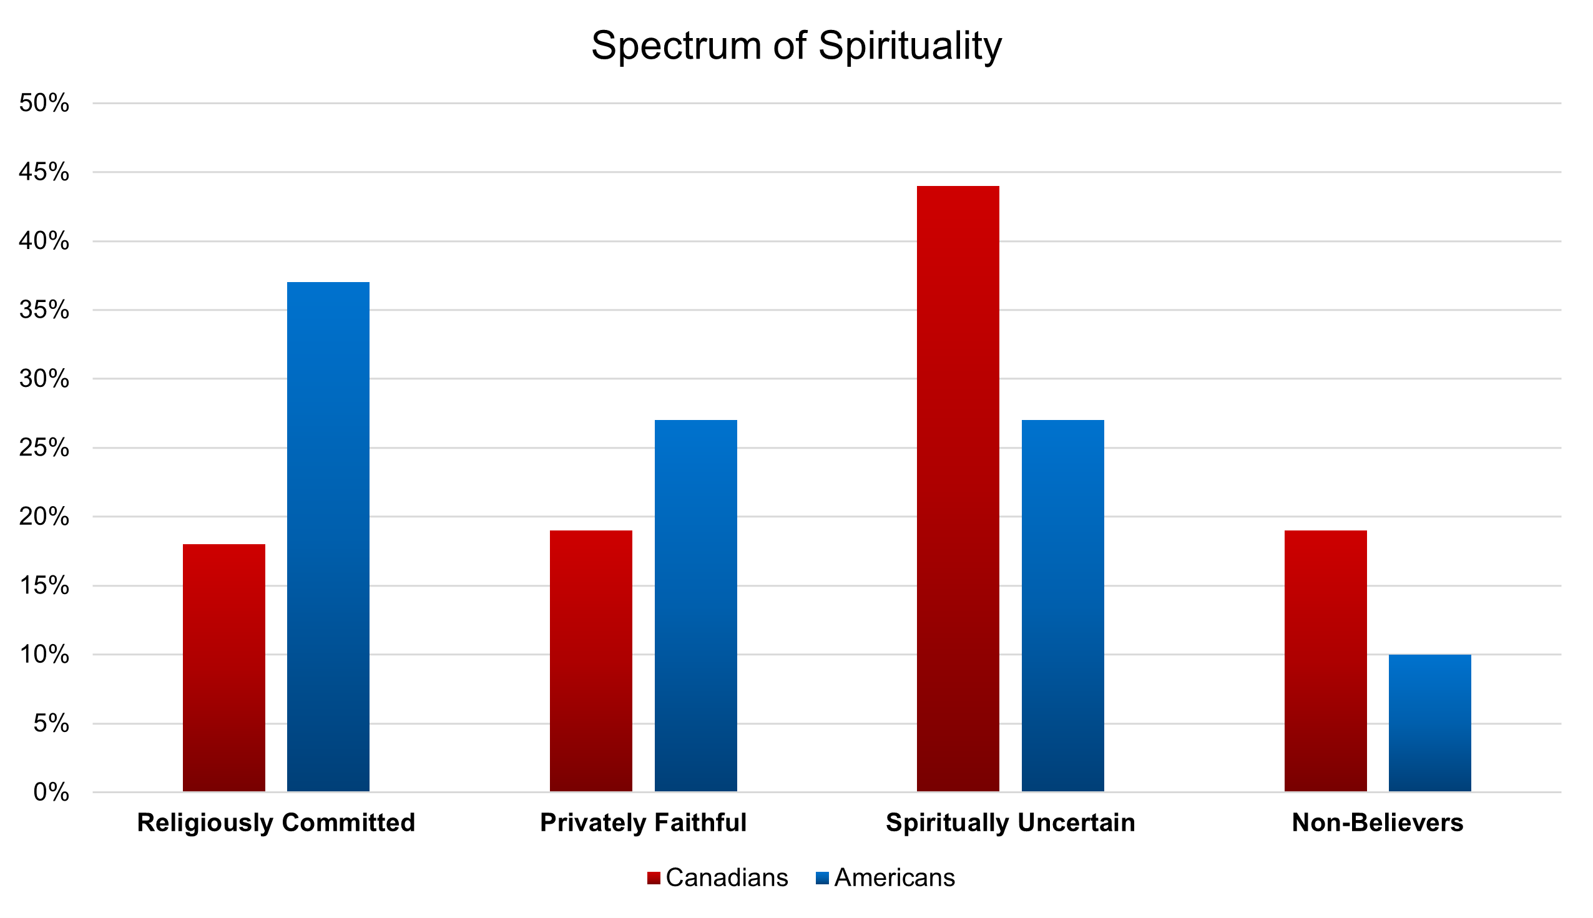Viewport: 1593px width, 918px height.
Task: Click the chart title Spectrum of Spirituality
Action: point(796,46)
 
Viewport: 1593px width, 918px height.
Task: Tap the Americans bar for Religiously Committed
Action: point(328,536)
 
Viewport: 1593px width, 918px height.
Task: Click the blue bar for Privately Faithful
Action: point(695,605)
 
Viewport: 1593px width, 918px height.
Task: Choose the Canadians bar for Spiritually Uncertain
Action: point(958,488)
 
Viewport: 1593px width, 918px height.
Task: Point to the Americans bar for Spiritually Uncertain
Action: point(1062,605)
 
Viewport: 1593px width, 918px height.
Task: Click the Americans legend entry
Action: point(885,877)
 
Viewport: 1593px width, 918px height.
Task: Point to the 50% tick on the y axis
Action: point(44,103)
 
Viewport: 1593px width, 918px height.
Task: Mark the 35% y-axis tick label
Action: point(44,310)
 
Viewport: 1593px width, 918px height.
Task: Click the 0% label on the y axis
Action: point(51,792)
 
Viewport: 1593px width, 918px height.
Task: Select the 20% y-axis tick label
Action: point(44,516)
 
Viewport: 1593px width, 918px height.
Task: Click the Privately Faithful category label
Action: point(643,822)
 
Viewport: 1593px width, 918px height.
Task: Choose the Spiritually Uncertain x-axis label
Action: point(1010,822)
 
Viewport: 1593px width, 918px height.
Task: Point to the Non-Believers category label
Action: point(1377,822)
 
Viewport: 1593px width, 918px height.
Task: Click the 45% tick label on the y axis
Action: point(44,172)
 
